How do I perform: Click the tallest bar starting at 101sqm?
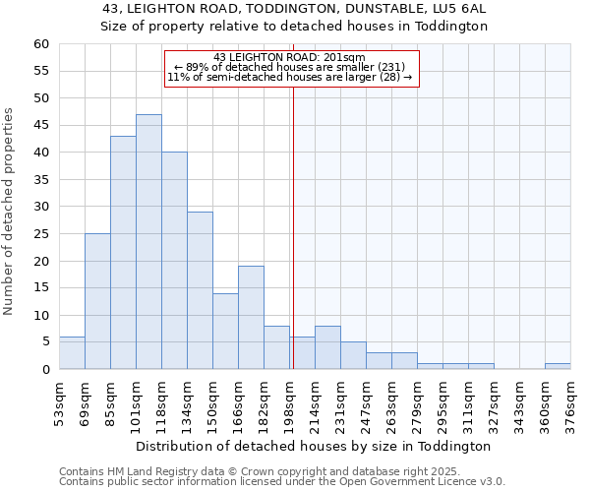148,242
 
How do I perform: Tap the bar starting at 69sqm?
97,301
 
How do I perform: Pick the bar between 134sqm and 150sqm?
200,290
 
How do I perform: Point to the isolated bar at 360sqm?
558,366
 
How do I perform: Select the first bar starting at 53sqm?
72,353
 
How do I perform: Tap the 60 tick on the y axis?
41,44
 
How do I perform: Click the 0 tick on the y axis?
45,370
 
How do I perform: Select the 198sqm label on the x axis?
289,400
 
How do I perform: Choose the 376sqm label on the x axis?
570,400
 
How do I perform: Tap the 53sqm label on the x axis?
59,400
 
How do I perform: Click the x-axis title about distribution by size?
313,446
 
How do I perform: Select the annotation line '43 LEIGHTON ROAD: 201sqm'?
289,57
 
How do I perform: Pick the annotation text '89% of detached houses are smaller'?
289,67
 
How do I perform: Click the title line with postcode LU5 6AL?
295,8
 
